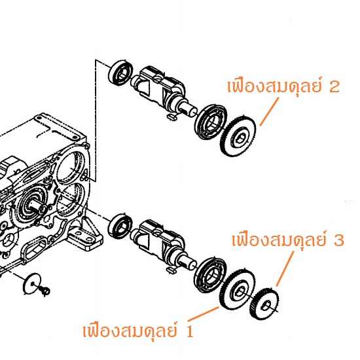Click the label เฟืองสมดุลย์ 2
coord(283,86)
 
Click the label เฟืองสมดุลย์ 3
coord(288,240)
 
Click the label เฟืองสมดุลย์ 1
coord(137,331)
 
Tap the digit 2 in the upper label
coord(334,87)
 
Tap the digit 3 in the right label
coord(339,240)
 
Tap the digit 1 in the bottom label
coord(189,331)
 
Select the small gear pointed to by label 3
coord(264,304)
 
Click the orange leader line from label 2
coord(269,111)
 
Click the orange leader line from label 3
coord(285,268)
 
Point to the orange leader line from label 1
coord(204,314)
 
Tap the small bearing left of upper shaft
coord(120,71)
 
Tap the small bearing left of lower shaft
coord(120,226)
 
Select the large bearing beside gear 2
coord(211,122)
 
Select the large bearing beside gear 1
coord(210,276)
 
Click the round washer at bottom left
coord(32,284)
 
